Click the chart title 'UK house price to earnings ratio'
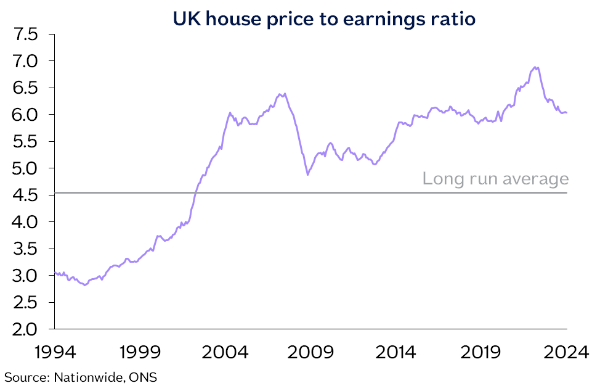click(324, 19)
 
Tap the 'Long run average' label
click(495, 179)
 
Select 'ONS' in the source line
click(142, 376)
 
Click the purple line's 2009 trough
click(308, 175)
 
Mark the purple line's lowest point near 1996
click(85, 285)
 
